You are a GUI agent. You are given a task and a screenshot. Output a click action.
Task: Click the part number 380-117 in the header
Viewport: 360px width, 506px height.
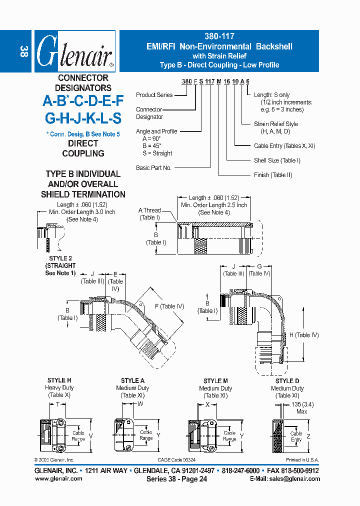coord(219,36)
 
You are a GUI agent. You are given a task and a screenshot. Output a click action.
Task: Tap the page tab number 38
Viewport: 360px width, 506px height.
coord(23,51)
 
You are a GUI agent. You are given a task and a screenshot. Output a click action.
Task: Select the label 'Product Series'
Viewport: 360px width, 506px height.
coord(154,95)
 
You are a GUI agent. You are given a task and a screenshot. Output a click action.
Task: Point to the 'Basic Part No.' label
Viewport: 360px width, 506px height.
coord(153,168)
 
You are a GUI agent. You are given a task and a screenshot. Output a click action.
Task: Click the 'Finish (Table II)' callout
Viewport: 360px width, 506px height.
coord(273,175)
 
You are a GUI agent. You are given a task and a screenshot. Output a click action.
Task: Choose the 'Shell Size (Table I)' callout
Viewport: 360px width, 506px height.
coord(277,160)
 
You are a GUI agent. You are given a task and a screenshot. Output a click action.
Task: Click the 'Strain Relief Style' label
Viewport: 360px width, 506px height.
coord(276,124)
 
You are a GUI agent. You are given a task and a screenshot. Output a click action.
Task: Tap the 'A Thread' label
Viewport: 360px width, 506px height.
coord(149,210)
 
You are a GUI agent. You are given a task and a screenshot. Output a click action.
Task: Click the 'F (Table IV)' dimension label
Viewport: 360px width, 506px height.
coord(169,306)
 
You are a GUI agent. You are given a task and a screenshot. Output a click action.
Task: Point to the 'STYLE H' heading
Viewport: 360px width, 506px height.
coord(59,381)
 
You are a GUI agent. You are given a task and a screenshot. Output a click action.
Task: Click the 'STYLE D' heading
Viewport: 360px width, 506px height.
coord(287,381)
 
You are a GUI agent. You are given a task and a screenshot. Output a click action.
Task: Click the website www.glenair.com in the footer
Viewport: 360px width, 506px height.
coord(58,478)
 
